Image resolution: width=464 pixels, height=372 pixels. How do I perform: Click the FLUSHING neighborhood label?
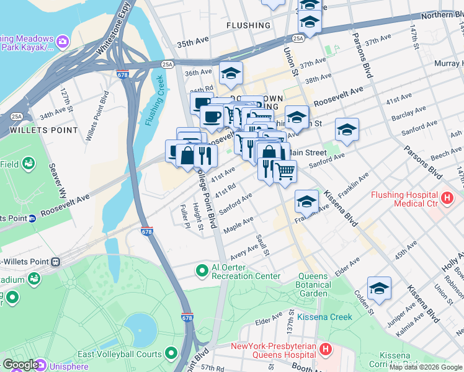[x=248, y=25]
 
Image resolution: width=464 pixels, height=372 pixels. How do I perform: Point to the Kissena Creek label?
[x=324, y=317]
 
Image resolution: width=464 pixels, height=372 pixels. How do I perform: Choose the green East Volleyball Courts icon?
[x=172, y=354]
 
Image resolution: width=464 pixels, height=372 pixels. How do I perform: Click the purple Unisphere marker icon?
[x=41, y=365]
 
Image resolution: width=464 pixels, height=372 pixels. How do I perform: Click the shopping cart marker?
[x=285, y=170]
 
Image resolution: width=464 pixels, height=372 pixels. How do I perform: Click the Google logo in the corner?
[x=20, y=365]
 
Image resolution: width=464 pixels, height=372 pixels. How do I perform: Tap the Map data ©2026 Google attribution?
[x=426, y=367]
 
